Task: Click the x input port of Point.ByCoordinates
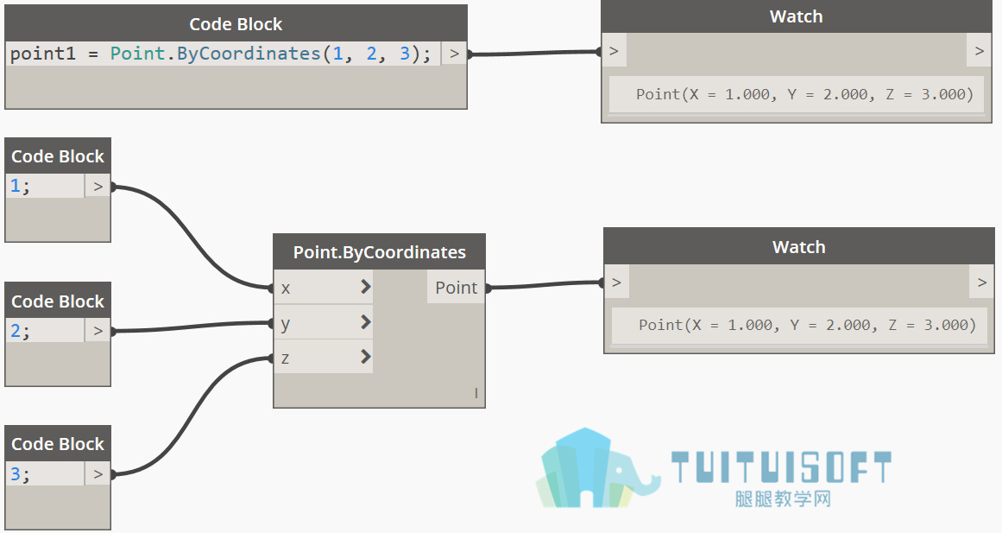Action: (x=323, y=288)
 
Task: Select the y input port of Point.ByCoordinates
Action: (x=323, y=322)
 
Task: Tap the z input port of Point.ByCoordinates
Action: (x=323, y=357)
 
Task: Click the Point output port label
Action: (x=456, y=288)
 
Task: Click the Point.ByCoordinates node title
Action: (x=379, y=252)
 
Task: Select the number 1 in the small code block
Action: (x=16, y=187)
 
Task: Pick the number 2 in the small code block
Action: (x=16, y=331)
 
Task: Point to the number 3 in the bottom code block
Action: (x=16, y=474)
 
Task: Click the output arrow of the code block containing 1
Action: (x=98, y=187)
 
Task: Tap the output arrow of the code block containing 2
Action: (x=98, y=331)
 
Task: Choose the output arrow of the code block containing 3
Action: (x=98, y=474)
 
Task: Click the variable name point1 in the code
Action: (x=43, y=54)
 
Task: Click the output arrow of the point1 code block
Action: (x=454, y=54)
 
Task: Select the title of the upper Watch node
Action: (x=797, y=16)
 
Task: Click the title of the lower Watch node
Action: (x=799, y=247)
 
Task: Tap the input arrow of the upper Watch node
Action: (x=614, y=51)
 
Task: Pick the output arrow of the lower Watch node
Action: (x=982, y=282)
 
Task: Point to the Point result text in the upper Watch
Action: (x=804, y=95)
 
